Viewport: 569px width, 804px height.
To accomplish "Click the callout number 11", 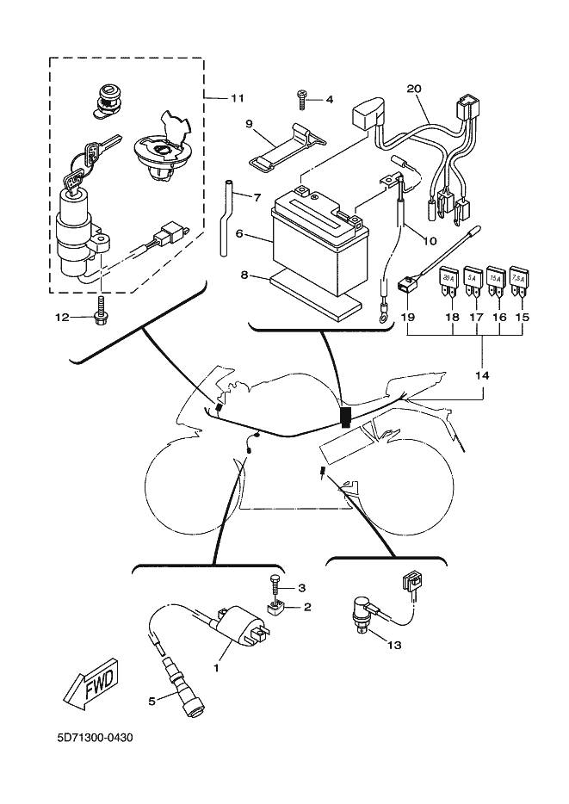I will tap(238, 98).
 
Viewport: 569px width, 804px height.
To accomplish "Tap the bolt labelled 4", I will tap(301, 99).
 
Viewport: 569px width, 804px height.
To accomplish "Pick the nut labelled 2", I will tap(277, 609).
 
